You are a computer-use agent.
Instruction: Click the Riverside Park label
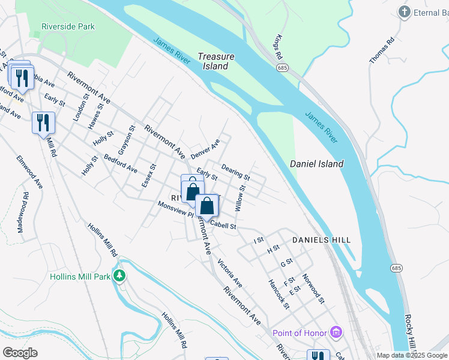tap(68, 26)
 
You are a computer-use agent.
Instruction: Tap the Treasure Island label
tap(216, 61)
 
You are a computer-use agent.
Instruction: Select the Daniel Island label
tap(316, 164)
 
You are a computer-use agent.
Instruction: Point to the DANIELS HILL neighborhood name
tap(321, 240)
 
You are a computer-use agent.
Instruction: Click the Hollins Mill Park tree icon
tap(121, 276)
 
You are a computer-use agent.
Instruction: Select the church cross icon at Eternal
tap(405, 12)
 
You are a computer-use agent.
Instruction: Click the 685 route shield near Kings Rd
tap(282, 68)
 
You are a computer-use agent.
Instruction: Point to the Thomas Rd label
tap(382, 50)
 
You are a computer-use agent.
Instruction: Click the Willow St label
tap(241, 197)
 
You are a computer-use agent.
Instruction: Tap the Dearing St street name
tap(235, 172)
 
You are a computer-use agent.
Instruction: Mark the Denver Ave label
tap(205, 149)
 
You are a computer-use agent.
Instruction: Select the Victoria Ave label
tap(229, 273)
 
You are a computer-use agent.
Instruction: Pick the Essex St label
tap(148, 176)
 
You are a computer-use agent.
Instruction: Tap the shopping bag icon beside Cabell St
tap(206, 206)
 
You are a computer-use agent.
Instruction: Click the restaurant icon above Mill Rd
tap(43, 123)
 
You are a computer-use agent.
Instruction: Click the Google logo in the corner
tap(20, 353)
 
